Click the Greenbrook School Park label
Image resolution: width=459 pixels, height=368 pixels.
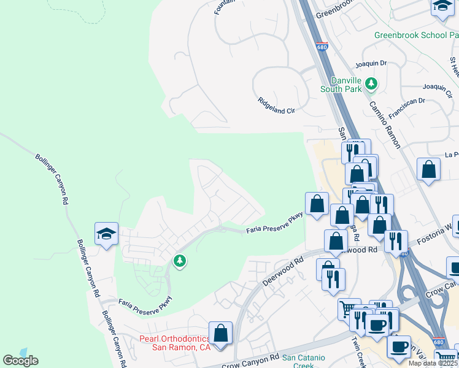416,35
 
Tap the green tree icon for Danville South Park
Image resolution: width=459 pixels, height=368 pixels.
371,83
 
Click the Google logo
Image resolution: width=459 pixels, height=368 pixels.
20,360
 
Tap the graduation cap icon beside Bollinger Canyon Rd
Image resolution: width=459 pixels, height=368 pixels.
106,234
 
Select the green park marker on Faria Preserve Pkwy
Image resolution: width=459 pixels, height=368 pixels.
180,261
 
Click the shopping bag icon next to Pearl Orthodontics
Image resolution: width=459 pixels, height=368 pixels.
220,333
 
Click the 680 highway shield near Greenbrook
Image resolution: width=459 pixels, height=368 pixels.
322,46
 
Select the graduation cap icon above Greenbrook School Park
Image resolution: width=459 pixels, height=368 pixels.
442,6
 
